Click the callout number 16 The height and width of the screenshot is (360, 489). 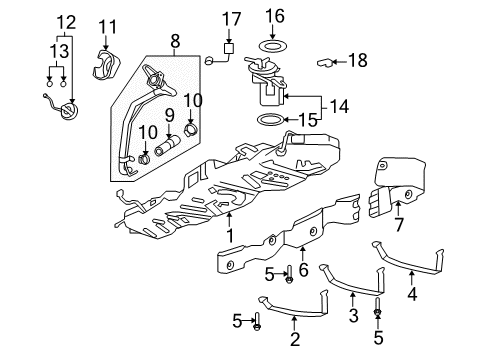click(x=275, y=16)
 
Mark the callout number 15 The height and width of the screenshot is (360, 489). click(x=313, y=120)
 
